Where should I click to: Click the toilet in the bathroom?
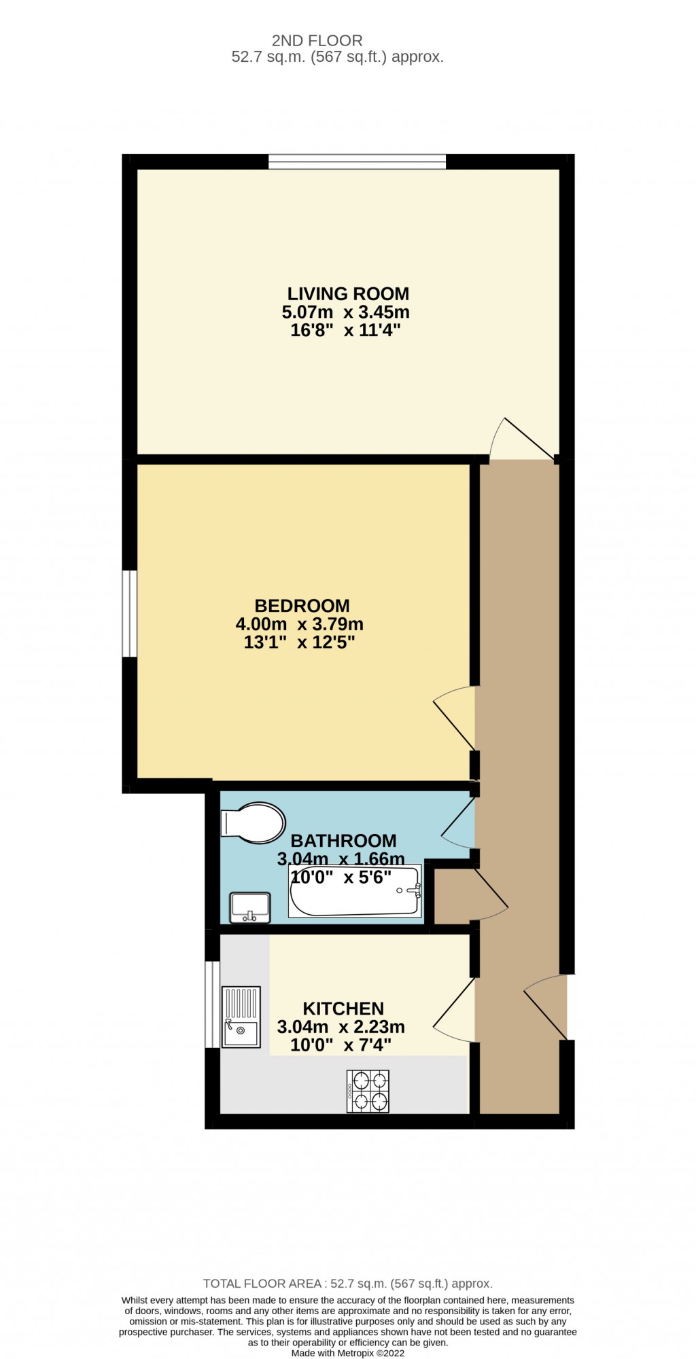pos(252,823)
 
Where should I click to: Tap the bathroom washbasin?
pos(250,907)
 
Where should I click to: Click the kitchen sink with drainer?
pos(241,1017)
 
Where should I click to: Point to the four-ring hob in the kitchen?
pos(368,1091)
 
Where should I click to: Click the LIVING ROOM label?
pos(348,294)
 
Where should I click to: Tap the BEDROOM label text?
pos(302,606)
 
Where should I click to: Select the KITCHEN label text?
pos(343,1009)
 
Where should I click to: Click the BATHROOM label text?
pos(343,841)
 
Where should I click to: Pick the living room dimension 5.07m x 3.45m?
pos(345,312)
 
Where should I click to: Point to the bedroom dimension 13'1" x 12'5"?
pos(299,642)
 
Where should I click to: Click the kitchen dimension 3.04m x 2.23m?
pos(341,1027)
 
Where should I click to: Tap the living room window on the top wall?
pos(357,162)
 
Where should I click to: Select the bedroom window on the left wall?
pos(130,614)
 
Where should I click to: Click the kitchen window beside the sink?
pos(212,1004)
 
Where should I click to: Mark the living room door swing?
pos(523,437)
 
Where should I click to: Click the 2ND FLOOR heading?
pos(317,41)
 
